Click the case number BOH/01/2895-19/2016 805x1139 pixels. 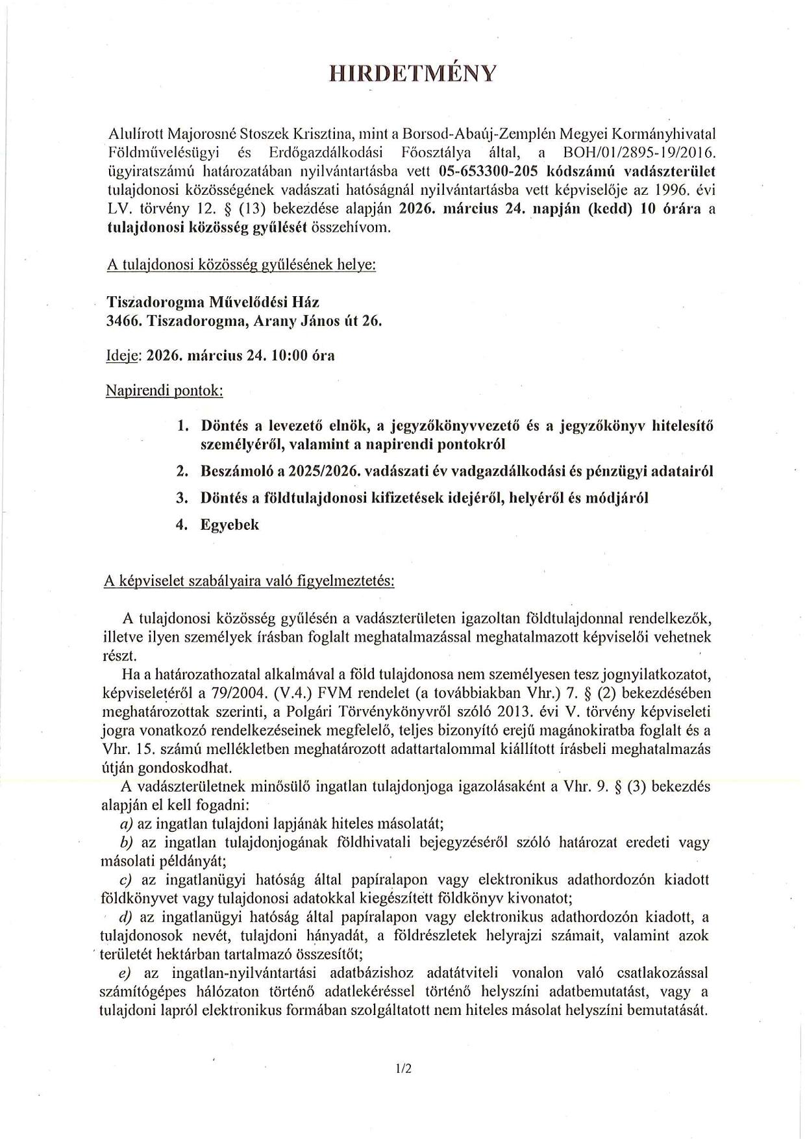[639, 154]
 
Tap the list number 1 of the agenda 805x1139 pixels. [182, 426]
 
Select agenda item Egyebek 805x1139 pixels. [230, 525]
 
